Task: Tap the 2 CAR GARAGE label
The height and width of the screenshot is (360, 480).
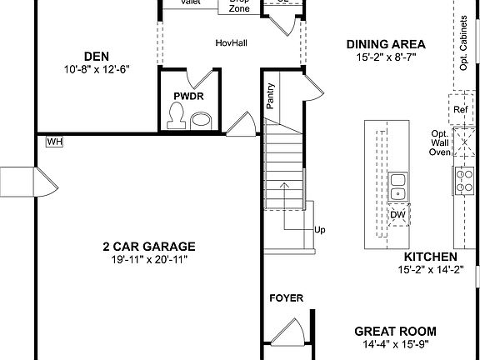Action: [x=148, y=247]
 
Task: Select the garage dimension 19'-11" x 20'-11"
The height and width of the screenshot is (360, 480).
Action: [x=148, y=260]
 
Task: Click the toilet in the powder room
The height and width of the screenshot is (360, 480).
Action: [x=176, y=121]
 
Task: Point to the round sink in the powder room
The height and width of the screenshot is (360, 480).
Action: [x=202, y=122]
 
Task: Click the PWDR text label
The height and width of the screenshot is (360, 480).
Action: [x=188, y=97]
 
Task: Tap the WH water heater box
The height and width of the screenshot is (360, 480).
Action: [x=54, y=142]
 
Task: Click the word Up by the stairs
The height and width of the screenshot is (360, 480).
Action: [x=319, y=231]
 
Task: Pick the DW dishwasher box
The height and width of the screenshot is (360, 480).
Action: [x=398, y=214]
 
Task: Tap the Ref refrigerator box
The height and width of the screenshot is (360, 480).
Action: [x=459, y=110]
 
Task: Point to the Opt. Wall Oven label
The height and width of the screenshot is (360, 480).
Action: [x=439, y=142]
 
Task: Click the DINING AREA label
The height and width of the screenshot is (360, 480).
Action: [x=386, y=44]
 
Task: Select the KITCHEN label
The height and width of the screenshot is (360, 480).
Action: [x=430, y=257]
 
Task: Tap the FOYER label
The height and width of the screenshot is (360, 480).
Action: [x=286, y=297]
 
